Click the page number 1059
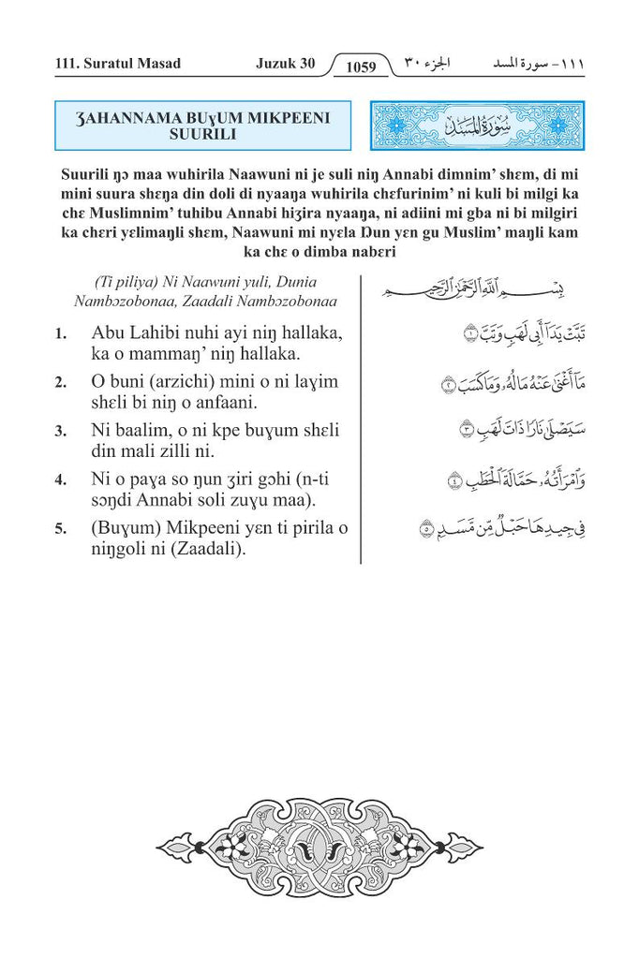(x=360, y=66)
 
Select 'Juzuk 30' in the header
(x=285, y=64)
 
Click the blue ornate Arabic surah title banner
(x=478, y=125)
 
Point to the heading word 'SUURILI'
(x=202, y=135)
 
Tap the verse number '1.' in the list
(x=61, y=334)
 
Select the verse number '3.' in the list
(x=61, y=432)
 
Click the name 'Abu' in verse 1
(x=109, y=333)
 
